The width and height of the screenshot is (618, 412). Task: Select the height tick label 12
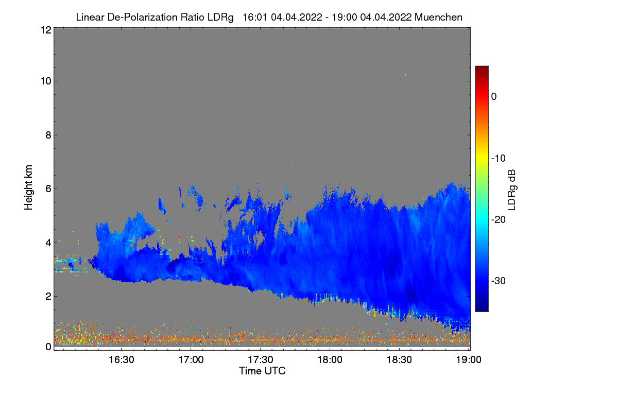(45, 30)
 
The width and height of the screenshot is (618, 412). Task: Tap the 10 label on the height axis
(45, 81)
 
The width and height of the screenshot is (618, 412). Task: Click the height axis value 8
(48, 135)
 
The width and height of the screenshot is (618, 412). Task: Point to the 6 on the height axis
(48, 189)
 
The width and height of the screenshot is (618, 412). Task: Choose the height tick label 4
(48, 243)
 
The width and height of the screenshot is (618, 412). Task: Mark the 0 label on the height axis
(48, 347)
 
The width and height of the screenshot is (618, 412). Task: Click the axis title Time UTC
(262, 371)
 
